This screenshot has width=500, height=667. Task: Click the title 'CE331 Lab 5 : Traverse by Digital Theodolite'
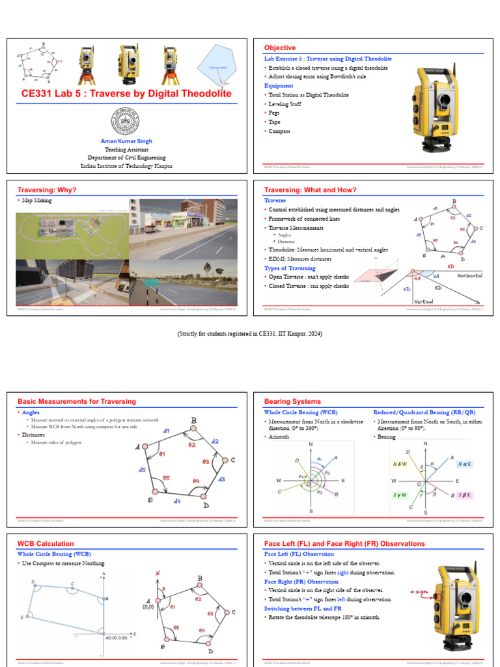[x=126, y=94]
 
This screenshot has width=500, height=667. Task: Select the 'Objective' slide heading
[x=279, y=48]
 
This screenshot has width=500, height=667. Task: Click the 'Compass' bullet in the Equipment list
[x=279, y=132]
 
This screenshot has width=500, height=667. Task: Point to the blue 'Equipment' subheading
[x=279, y=86]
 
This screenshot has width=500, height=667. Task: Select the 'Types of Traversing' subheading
[x=290, y=268]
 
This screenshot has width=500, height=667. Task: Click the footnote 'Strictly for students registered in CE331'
[x=250, y=334]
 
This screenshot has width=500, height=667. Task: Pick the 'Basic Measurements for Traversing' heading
[x=76, y=401]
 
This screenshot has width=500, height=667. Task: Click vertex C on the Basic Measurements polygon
[x=225, y=461]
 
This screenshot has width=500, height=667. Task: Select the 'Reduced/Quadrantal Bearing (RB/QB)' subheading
[x=424, y=412]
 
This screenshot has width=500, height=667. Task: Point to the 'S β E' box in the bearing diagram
[x=464, y=496]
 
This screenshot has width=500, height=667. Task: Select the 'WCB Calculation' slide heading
[x=46, y=543]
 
